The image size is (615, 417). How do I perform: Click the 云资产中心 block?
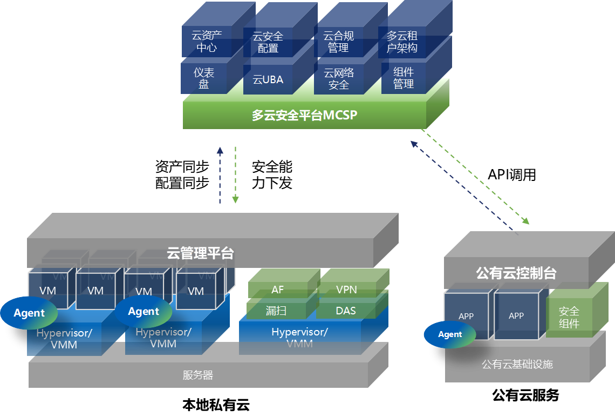(207, 42)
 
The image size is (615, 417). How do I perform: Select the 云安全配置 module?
(268, 42)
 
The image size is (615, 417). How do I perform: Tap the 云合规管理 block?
(338, 42)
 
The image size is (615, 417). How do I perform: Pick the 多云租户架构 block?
(402, 42)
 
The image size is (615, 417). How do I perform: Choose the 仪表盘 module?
(204, 78)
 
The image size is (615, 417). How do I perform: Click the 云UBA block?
(268, 80)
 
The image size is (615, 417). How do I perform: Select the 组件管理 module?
(403, 78)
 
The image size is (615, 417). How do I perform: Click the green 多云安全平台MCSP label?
(304, 115)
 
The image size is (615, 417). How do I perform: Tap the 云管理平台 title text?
(200, 253)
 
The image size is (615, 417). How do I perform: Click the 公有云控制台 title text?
(516, 273)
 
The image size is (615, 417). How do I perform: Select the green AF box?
(277, 290)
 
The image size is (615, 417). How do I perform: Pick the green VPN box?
(346, 290)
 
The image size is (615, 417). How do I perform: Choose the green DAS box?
(346, 311)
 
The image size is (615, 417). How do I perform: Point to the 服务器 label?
(198, 375)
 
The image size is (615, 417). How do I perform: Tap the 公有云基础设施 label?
(517, 365)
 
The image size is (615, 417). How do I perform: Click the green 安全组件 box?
(569, 318)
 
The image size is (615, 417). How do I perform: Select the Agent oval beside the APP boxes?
(450, 334)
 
